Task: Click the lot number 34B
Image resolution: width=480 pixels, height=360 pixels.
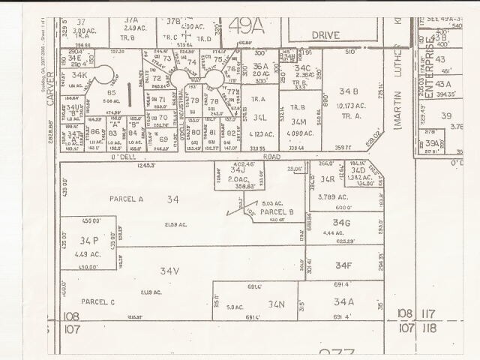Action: coord(349,91)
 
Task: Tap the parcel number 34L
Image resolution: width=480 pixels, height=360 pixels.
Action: coord(259,118)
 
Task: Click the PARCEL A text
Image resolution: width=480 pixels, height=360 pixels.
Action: coord(104,199)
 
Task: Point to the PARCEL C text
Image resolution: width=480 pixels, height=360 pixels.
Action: coord(98,301)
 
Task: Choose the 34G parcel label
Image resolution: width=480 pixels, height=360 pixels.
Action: coord(342,223)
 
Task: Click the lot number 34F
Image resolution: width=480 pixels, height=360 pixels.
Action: coord(343,265)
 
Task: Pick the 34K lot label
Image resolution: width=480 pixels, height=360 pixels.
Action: coord(79,76)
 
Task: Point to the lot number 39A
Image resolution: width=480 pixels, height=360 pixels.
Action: coord(431,143)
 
